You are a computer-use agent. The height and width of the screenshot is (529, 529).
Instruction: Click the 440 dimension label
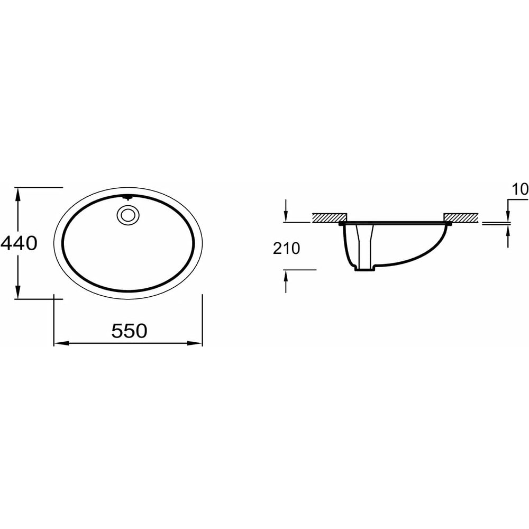19,243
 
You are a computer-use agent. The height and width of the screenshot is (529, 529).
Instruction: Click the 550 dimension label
129,331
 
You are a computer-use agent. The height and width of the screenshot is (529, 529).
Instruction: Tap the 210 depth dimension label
286,249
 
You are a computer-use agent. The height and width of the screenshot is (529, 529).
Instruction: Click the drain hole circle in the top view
128,215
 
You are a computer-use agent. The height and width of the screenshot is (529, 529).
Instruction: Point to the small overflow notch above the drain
127,198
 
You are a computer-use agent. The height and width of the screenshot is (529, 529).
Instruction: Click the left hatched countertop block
330,218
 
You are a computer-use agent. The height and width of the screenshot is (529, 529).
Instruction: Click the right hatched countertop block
461,218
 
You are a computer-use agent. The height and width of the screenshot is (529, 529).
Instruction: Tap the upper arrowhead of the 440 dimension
18,194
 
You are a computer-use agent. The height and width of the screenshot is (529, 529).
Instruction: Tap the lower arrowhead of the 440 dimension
18,292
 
